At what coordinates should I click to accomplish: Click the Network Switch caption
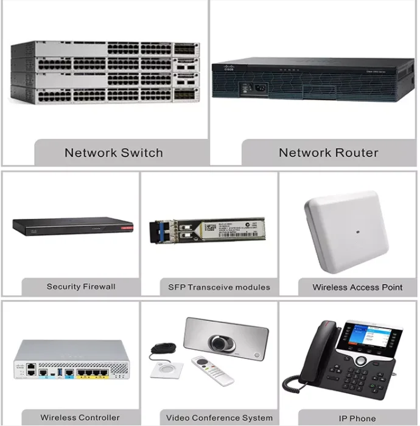(114, 153)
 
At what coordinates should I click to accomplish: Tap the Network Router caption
(329, 153)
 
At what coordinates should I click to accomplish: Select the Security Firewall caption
(81, 286)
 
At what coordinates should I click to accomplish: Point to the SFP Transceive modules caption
(219, 287)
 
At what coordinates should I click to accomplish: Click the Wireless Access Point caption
(357, 287)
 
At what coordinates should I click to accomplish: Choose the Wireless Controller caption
(80, 417)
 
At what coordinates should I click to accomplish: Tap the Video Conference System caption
(219, 418)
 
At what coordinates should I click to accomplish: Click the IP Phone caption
(357, 418)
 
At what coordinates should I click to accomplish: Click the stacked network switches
(105, 72)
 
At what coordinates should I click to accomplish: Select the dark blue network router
(313, 79)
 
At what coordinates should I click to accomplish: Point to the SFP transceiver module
(207, 230)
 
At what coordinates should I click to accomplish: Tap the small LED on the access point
(358, 232)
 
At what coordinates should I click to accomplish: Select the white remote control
(212, 371)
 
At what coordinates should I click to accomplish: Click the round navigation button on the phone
(361, 361)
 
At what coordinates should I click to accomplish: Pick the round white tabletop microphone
(167, 369)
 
